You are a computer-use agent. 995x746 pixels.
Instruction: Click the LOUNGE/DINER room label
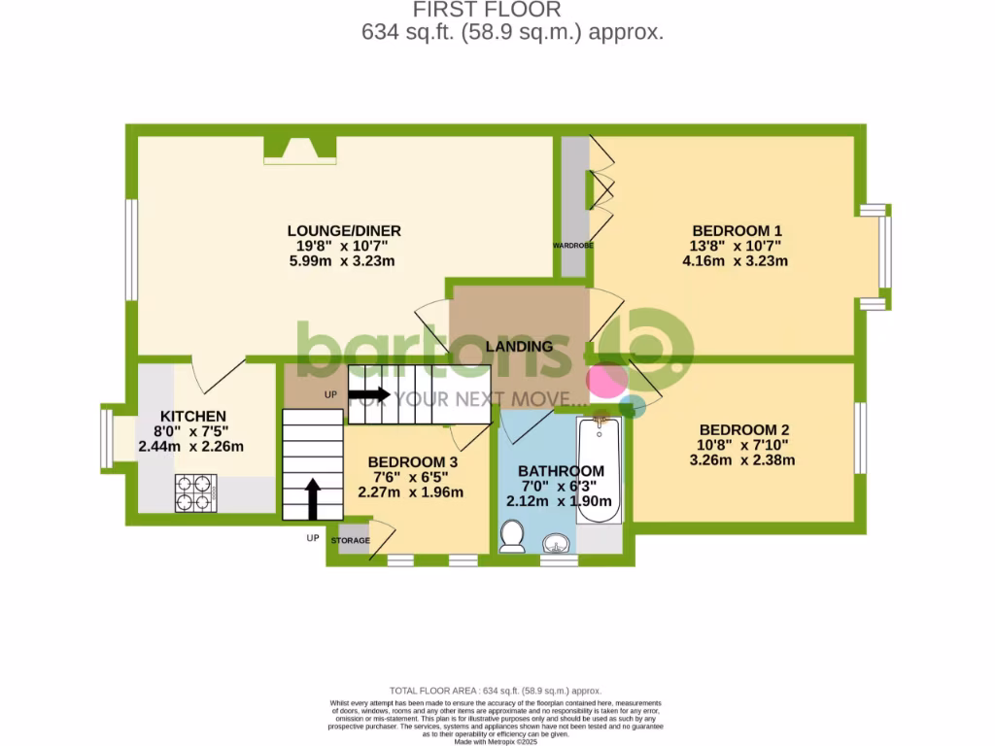pyautogui.click(x=344, y=230)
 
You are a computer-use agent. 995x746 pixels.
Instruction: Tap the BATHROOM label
pyautogui.click(x=555, y=471)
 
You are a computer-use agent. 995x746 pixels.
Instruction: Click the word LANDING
pyautogui.click(x=520, y=346)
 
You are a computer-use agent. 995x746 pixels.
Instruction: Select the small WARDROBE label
pyautogui.click(x=573, y=246)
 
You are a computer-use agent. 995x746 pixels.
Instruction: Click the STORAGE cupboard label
pyautogui.click(x=351, y=540)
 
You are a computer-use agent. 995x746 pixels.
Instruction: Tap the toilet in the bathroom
pyautogui.click(x=512, y=535)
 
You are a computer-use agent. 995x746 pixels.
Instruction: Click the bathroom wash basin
pyautogui.click(x=557, y=540)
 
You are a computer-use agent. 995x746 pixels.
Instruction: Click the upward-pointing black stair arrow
pyautogui.click(x=313, y=495)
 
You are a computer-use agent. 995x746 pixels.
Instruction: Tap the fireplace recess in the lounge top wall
pyautogui.click(x=300, y=147)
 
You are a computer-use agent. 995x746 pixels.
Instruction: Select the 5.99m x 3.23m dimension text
pyautogui.click(x=344, y=260)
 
